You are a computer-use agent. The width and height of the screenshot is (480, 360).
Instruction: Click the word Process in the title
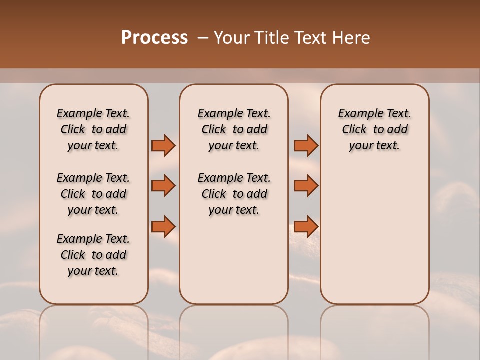click(154, 38)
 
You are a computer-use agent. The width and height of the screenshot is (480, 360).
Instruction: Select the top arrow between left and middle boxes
click(163, 145)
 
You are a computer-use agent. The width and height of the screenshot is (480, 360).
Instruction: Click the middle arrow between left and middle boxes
click(163, 186)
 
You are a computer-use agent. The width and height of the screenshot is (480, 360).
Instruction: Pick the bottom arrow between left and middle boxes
click(163, 226)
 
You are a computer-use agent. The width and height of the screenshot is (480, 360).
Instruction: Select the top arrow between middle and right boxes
click(306, 145)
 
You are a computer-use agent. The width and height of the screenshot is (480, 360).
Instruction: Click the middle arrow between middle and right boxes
click(306, 186)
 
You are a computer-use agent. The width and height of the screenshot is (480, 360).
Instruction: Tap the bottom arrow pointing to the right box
click(306, 226)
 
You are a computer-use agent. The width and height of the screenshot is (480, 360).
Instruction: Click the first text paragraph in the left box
click(93, 129)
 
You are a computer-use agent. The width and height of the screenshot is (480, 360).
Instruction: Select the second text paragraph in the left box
click(93, 194)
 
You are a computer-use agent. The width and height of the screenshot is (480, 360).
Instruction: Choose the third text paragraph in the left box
click(93, 255)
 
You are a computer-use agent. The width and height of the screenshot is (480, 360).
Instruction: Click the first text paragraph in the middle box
click(234, 129)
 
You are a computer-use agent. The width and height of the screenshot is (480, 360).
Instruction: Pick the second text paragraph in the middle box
click(234, 194)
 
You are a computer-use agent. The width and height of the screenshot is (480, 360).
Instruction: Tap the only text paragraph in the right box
click(374, 129)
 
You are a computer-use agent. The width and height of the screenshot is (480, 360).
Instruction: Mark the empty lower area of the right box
click(374, 230)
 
